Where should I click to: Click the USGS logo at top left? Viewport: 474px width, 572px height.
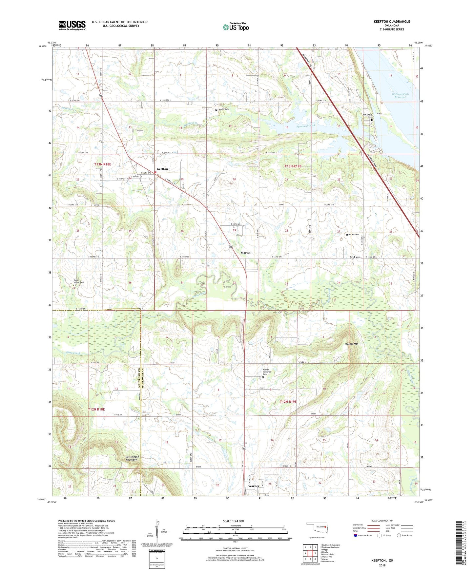click(72, 25)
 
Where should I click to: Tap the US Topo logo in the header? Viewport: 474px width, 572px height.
click(236, 27)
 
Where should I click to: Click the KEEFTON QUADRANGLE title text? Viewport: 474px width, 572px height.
click(392, 22)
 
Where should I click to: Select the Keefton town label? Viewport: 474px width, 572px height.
click(162, 169)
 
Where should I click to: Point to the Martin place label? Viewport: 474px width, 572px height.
click(245, 253)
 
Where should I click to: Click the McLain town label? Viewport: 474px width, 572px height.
click(355, 257)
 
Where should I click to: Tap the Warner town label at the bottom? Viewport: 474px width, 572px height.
click(254, 486)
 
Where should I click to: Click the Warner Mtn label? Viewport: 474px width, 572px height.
click(351, 344)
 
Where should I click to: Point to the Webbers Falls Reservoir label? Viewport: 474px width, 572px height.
click(401, 95)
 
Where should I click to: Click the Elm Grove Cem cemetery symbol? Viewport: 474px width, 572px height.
click(372, 120)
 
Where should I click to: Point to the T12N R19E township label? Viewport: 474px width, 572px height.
click(288, 401)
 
